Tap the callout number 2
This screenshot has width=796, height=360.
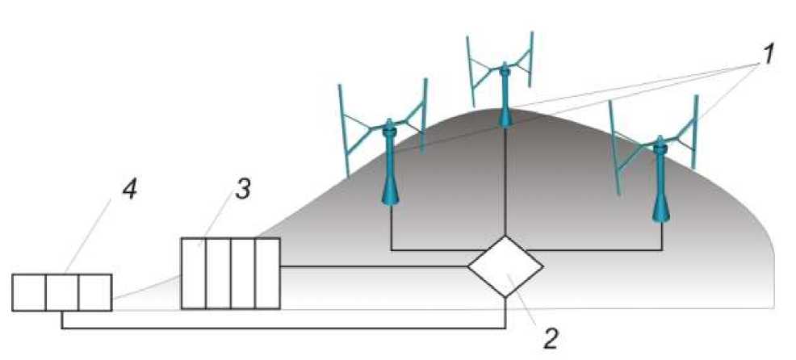pyautogui.click(x=550, y=337)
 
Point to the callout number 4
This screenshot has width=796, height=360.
pyautogui.click(x=129, y=191)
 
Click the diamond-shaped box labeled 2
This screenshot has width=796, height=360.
pyautogui.click(x=505, y=267)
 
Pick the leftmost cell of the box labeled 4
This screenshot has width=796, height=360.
pyautogui.click(x=29, y=292)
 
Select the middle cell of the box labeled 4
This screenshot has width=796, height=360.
pyautogui.click(x=62, y=292)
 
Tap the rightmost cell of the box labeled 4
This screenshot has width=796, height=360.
pyautogui.click(x=94, y=292)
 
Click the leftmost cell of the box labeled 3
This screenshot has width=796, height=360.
pyautogui.click(x=193, y=273)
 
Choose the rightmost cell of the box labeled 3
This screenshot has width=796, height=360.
pyautogui.click(x=267, y=273)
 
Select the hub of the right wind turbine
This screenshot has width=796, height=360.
pyautogui.click(x=661, y=145)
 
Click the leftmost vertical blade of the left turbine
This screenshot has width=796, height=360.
pyautogui.click(x=343, y=129)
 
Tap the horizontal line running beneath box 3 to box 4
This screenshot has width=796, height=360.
pyautogui.click(x=283, y=329)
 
